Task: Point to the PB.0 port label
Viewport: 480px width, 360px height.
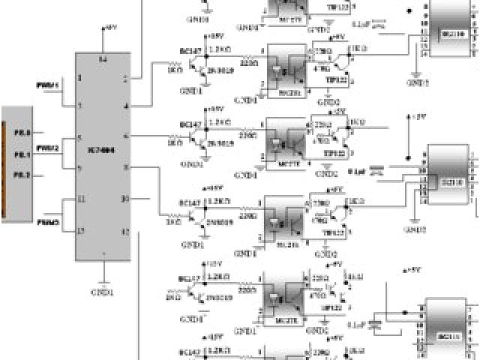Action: [x=22, y=133]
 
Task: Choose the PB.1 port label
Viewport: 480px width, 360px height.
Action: [x=22, y=154]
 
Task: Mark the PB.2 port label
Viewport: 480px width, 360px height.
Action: [x=22, y=174]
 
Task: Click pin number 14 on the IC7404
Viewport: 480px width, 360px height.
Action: [x=103, y=59]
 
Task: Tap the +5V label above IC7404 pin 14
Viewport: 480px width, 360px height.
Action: [x=110, y=28]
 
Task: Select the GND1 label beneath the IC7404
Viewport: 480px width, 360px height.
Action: [x=102, y=291]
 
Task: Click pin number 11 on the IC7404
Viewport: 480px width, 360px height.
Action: [x=80, y=199]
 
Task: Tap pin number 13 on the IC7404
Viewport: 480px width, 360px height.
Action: [x=80, y=229]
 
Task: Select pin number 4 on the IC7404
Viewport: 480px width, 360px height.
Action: [x=126, y=106]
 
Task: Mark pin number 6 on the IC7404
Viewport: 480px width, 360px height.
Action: [x=126, y=136]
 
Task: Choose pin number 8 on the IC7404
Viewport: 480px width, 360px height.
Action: [x=126, y=167]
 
